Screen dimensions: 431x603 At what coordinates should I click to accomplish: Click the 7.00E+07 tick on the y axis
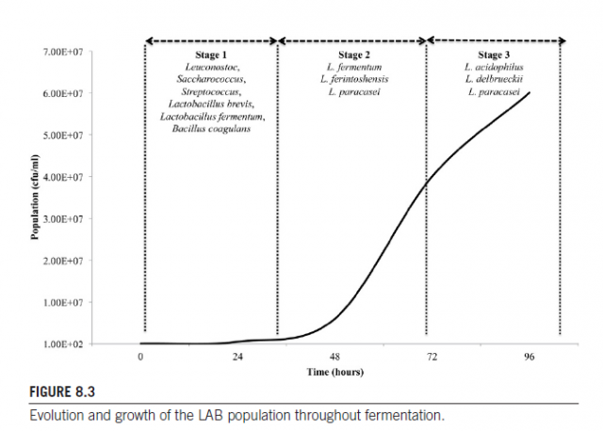coord(62,52)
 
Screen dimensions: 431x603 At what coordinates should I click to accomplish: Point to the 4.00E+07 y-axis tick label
coord(62,177)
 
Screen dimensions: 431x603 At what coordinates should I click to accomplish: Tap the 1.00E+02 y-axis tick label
coord(62,344)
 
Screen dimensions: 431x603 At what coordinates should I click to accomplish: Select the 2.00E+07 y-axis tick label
coord(62,261)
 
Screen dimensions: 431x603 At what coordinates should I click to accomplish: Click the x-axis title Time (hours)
coord(334,372)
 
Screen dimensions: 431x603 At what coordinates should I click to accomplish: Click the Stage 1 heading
coord(212,56)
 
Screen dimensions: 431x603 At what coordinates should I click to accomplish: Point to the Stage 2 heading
coord(353,56)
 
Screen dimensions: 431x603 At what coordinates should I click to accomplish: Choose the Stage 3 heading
coord(494,56)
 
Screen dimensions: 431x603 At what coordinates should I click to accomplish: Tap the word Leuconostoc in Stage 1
coord(212,68)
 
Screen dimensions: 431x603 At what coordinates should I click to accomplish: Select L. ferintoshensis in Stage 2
coord(353,80)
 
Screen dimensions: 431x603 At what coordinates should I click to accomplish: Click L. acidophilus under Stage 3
coord(494,68)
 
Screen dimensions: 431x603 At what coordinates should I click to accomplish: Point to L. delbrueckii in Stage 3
coord(494,80)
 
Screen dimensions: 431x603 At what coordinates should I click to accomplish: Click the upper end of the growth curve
coord(530,93)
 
